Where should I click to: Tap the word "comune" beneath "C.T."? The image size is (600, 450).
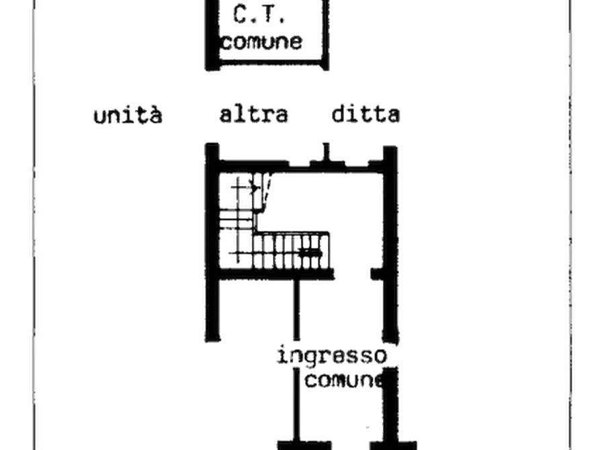pos(263,42)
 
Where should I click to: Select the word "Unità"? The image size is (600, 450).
pos(128,116)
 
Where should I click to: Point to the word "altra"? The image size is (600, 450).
pos(253,115)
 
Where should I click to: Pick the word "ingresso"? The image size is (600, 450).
pos(331,356)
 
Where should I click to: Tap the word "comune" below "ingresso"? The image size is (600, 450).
pos(345,380)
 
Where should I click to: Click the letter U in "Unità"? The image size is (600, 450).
pos(101,116)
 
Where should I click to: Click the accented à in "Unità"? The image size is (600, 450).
pos(155,116)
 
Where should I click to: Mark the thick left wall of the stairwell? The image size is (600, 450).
pos(212,242)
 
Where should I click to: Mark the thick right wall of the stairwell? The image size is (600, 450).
pos(389,242)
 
